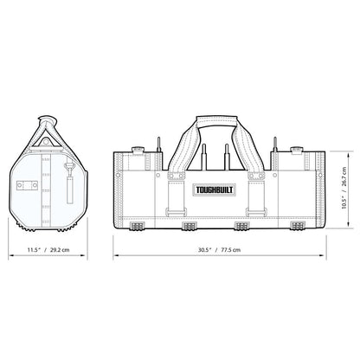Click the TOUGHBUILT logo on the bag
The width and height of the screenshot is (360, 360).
[215, 190]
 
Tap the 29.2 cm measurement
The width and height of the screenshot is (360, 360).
[60, 250]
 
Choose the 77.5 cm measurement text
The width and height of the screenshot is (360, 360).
[230, 250]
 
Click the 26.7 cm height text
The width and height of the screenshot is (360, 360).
[344, 177]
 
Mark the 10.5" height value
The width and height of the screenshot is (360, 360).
[344, 201]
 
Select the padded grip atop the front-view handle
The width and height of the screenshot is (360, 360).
[217, 120]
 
